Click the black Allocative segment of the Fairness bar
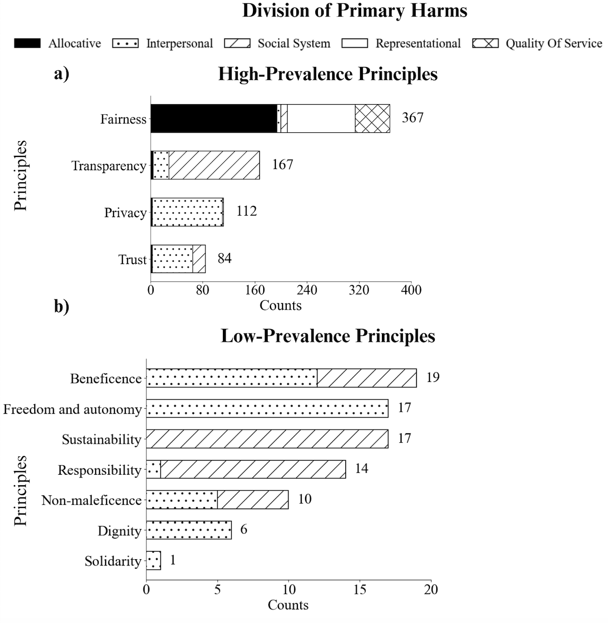click(x=214, y=118)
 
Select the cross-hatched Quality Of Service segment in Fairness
click(x=372, y=118)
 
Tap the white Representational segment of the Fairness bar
click(x=321, y=118)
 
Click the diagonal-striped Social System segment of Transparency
click(x=214, y=165)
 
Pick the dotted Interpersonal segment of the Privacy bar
click(x=187, y=212)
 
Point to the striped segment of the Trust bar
click(x=199, y=258)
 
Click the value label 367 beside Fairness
click(x=413, y=118)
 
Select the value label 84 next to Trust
click(x=225, y=258)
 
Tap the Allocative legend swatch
click(x=28, y=43)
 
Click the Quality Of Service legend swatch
click(x=486, y=43)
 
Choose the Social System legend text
click(x=294, y=44)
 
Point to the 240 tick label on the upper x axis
click(x=307, y=290)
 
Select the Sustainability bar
click(x=267, y=439)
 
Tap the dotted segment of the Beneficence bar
click(x=232, y=378)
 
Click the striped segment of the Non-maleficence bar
click(x=253, y=500)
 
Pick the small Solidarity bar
click(x=153, y=560)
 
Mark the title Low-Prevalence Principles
click(x=328, y=336)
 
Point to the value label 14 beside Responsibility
click(x=362, y=468)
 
